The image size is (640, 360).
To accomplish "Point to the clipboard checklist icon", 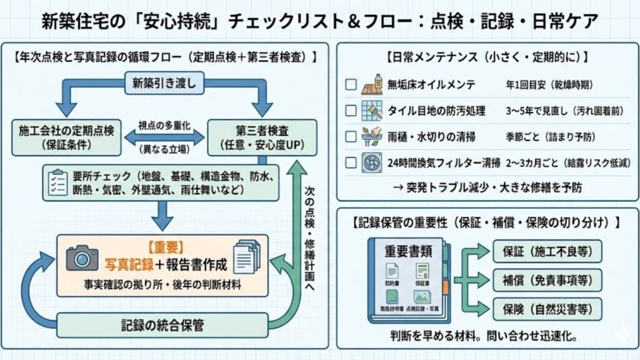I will click(57, 181).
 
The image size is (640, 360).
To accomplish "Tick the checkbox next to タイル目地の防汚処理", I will click(351, 111).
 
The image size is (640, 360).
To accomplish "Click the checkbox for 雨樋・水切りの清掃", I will click(351, 136).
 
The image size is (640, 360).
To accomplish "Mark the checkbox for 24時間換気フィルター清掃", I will click(351, 162).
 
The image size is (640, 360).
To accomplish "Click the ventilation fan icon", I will click(372, 162).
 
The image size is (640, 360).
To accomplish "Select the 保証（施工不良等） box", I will click(547, 251).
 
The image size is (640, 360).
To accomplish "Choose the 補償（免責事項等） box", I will click(547, 279).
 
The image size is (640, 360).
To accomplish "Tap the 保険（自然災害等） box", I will click(547, 308).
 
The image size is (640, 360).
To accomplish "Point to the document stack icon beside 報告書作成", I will click(246, 257).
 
